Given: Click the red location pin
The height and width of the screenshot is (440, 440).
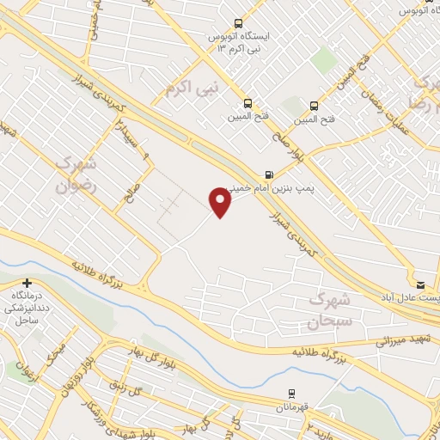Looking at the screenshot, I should point(221,202).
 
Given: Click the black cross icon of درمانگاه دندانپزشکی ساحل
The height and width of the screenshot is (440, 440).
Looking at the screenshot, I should point(27,283).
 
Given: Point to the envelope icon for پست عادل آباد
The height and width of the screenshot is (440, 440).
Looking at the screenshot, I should point(420,284).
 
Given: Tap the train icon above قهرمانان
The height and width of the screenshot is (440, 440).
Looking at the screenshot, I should point(292,392).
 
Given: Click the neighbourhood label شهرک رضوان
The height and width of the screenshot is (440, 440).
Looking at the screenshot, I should point(78,173).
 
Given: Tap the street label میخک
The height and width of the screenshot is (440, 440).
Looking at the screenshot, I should point(58,355).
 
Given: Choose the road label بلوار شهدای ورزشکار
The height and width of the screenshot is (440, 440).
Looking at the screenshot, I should point(163,412).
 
